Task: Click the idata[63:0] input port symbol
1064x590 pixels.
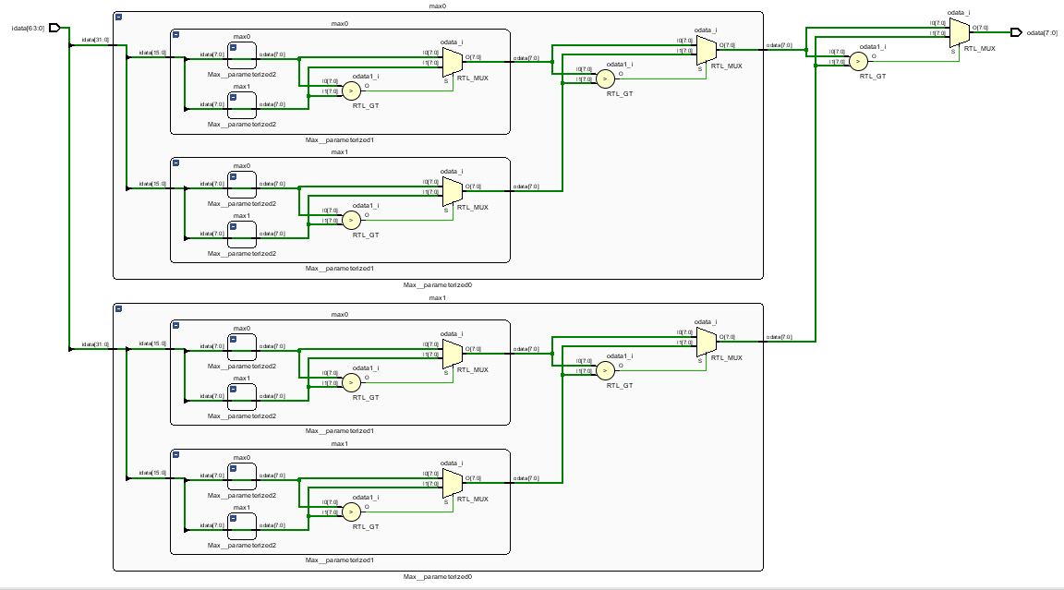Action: tap(54, 28)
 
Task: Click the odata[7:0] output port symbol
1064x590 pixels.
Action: tap(1016, 32)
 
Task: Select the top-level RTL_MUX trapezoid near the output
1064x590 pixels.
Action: tap(960, 33)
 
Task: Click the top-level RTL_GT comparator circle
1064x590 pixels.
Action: tap(858, 62)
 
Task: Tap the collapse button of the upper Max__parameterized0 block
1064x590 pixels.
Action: tap(118, 18)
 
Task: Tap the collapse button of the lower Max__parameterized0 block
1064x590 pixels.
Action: tap(118, 309)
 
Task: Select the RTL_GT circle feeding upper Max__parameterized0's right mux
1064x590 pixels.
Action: tap(604, 78)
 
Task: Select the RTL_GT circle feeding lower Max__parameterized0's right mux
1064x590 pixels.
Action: tap(604, 370)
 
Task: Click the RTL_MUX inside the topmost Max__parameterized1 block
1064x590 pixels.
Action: tap(452, 63)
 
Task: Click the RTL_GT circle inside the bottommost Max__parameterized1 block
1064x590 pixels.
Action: tap(351, 512)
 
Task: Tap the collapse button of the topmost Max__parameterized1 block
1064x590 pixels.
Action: tap(176, 34)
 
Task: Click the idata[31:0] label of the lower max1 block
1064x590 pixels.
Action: tap(96, 343)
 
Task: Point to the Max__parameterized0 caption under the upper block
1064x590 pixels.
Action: tap(437, 284)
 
